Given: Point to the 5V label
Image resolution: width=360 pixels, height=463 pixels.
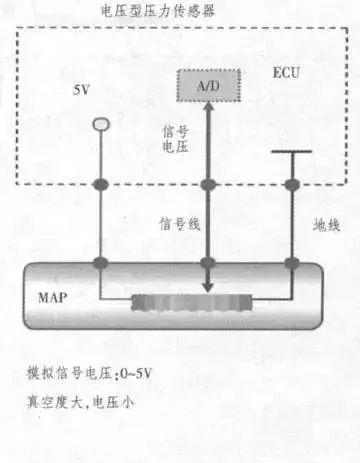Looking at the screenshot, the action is point(85,90).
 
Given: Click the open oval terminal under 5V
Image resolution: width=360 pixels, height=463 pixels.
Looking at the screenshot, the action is point(99,123).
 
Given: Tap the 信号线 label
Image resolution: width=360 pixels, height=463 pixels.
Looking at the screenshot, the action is point(181,224).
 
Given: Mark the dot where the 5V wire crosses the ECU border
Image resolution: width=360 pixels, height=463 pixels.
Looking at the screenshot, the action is point(99,185).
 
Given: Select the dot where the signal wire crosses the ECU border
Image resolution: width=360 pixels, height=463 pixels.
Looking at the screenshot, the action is point(206,185).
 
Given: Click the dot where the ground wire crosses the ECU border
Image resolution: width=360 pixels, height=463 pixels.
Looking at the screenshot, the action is point(292,185).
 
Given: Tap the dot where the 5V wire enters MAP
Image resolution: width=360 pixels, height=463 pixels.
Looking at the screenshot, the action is point(99,262).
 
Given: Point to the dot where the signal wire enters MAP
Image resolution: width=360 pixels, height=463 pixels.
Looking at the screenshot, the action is point(206,262).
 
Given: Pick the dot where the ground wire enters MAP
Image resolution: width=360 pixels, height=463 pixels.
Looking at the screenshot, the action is point(292,262).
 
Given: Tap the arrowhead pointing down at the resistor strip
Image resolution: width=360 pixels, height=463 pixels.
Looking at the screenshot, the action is point(206,288).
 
